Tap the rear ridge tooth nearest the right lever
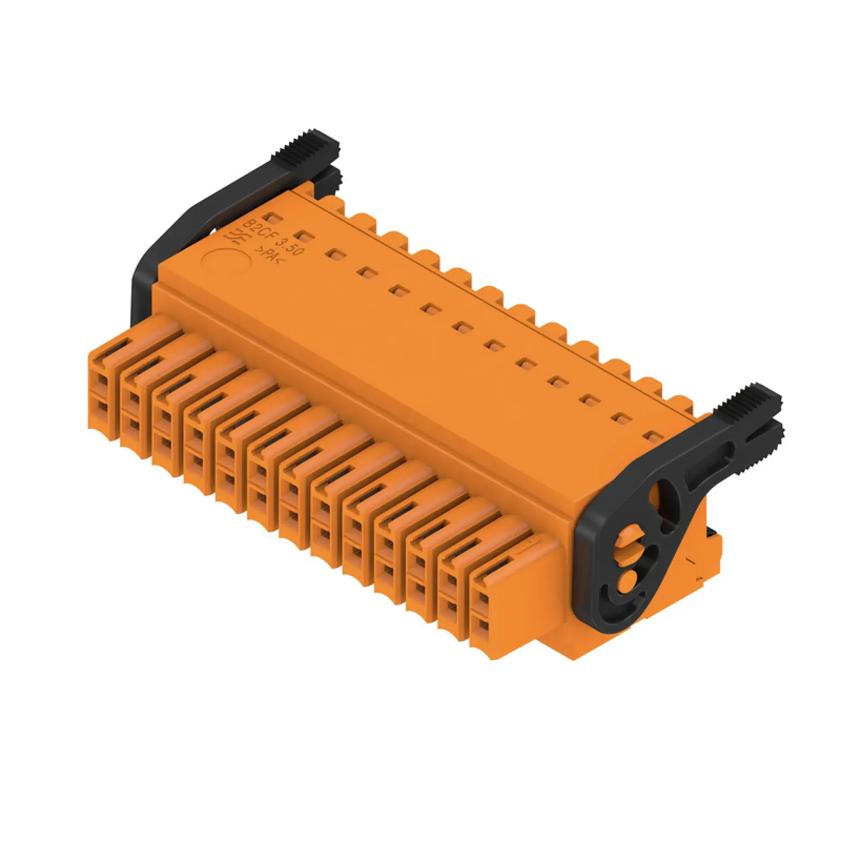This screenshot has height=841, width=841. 680,403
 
